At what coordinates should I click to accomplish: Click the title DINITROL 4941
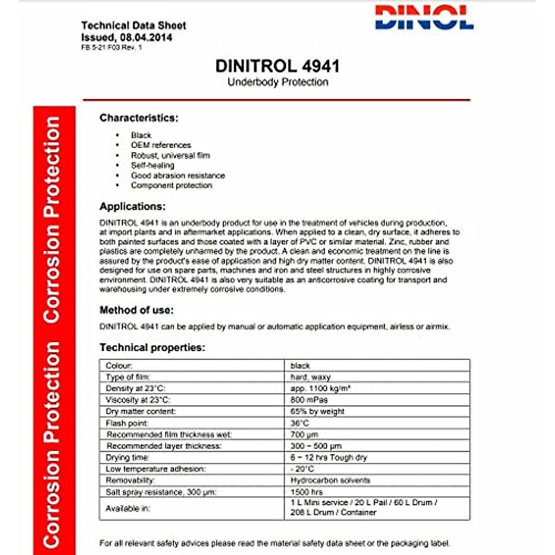click(277, 66)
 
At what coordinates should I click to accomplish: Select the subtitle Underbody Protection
click(277, 82)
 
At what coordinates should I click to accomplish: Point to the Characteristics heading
click(139, 118)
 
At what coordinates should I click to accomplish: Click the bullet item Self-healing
click(153, 165)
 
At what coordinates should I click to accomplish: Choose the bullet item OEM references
click(160, 145)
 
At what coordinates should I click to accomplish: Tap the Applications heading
click(132, 206)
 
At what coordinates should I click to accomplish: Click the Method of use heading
click(136, 310)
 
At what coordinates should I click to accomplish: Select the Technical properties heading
click(152, 347)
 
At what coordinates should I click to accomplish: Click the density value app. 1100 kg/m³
click(320, 388)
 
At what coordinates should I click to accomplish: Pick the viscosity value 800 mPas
click(309, 400)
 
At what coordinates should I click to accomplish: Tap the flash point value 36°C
click(300, 423)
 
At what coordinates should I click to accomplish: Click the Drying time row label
click(128, 457)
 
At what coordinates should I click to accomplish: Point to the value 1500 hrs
click(307, 492)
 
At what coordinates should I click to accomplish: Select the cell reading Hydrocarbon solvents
click(330, 481)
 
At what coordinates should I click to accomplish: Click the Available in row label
click(128, 508)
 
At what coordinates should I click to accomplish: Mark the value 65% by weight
click(317, 411)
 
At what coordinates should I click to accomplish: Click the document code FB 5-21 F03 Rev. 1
click(111, 47)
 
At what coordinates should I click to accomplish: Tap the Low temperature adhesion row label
click(156, 469)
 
